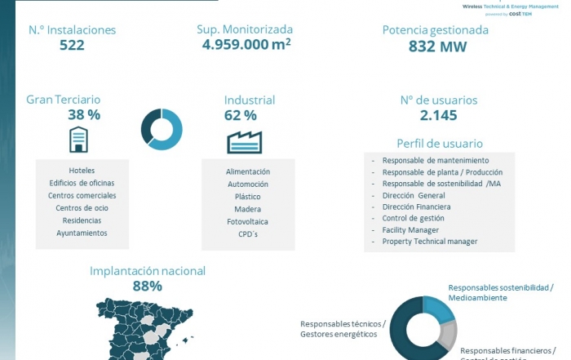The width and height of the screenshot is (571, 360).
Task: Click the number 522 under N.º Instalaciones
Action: pos(72,46)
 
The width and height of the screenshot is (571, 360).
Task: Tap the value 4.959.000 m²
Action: pos(247,44)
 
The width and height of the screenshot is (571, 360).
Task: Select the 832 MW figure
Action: pos(437,47)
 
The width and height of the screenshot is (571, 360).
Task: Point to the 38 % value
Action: pos(84,115)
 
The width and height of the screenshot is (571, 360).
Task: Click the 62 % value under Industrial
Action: pos(240,115)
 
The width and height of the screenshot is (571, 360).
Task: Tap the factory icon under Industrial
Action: pos(244,142)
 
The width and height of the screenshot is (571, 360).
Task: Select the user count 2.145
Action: pos(439,115)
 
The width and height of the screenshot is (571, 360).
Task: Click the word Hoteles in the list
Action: pos(82,171)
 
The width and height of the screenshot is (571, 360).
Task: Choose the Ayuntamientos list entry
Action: pos(82,233)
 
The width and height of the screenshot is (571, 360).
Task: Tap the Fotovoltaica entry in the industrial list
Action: pos(247,222)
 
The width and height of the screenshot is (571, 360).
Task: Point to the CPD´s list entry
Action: pos(247,234)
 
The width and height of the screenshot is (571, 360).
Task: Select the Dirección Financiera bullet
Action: pos(416,207)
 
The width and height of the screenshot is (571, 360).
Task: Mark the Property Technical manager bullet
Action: pos(430,242)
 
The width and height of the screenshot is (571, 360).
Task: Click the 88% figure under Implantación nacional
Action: pos(147,287)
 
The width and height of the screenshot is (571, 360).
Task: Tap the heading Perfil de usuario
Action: pos(439,144)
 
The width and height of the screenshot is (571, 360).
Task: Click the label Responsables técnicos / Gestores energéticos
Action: pos(343,329)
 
